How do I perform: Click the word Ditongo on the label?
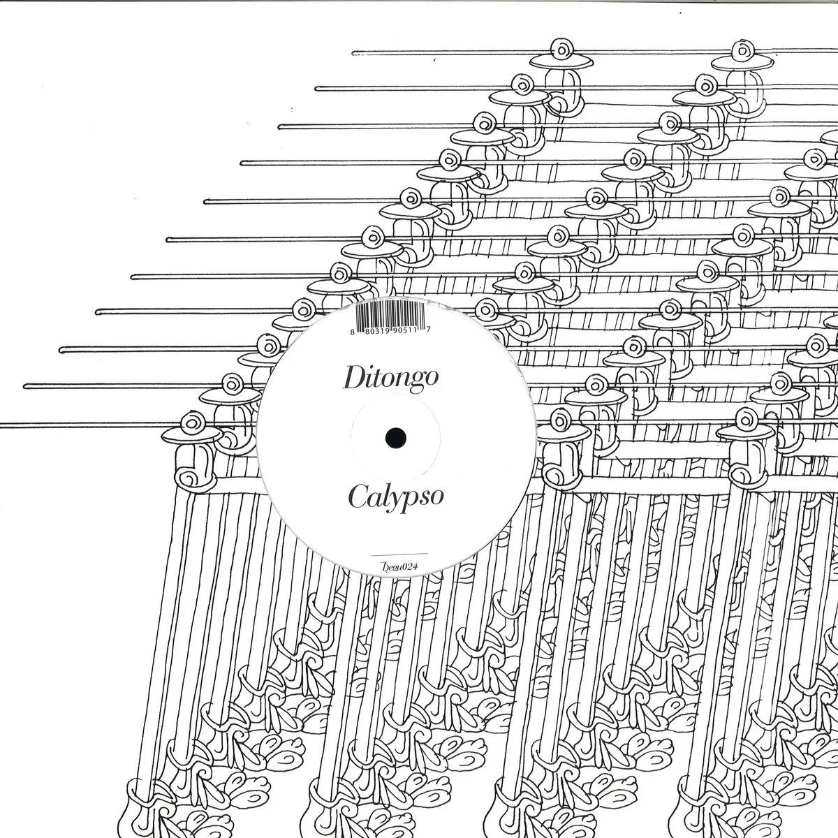click(390, 378)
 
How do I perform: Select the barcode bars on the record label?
click(388, 315)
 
